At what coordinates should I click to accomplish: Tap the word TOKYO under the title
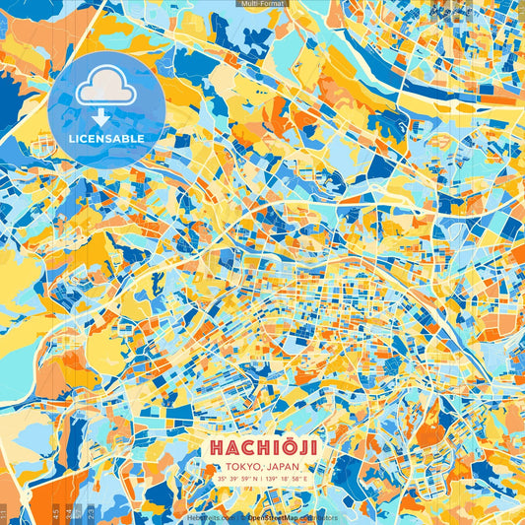point(244,466)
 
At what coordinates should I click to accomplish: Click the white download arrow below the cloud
point(105,117)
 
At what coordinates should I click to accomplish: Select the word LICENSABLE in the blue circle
point(105,138)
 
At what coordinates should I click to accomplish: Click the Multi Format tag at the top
point(262,4)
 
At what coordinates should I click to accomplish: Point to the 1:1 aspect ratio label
point(4,513)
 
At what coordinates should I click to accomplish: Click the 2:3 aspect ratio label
point(92,513)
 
